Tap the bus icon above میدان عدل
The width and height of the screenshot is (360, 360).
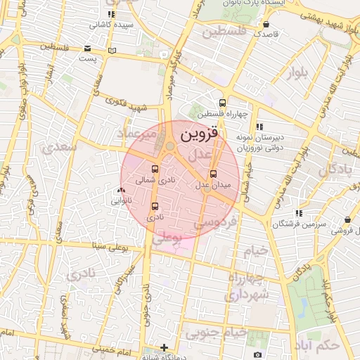[214, 174]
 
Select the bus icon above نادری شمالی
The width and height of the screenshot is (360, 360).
[155, 169]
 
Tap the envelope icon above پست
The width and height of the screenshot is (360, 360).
[87, 49]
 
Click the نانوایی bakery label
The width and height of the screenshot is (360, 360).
[122, 200]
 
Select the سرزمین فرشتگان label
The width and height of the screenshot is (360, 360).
[300, 224]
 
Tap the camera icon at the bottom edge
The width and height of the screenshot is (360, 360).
[257, 354]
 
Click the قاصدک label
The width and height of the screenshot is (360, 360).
[266, 33]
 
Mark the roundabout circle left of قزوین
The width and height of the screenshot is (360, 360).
[169, 146]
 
